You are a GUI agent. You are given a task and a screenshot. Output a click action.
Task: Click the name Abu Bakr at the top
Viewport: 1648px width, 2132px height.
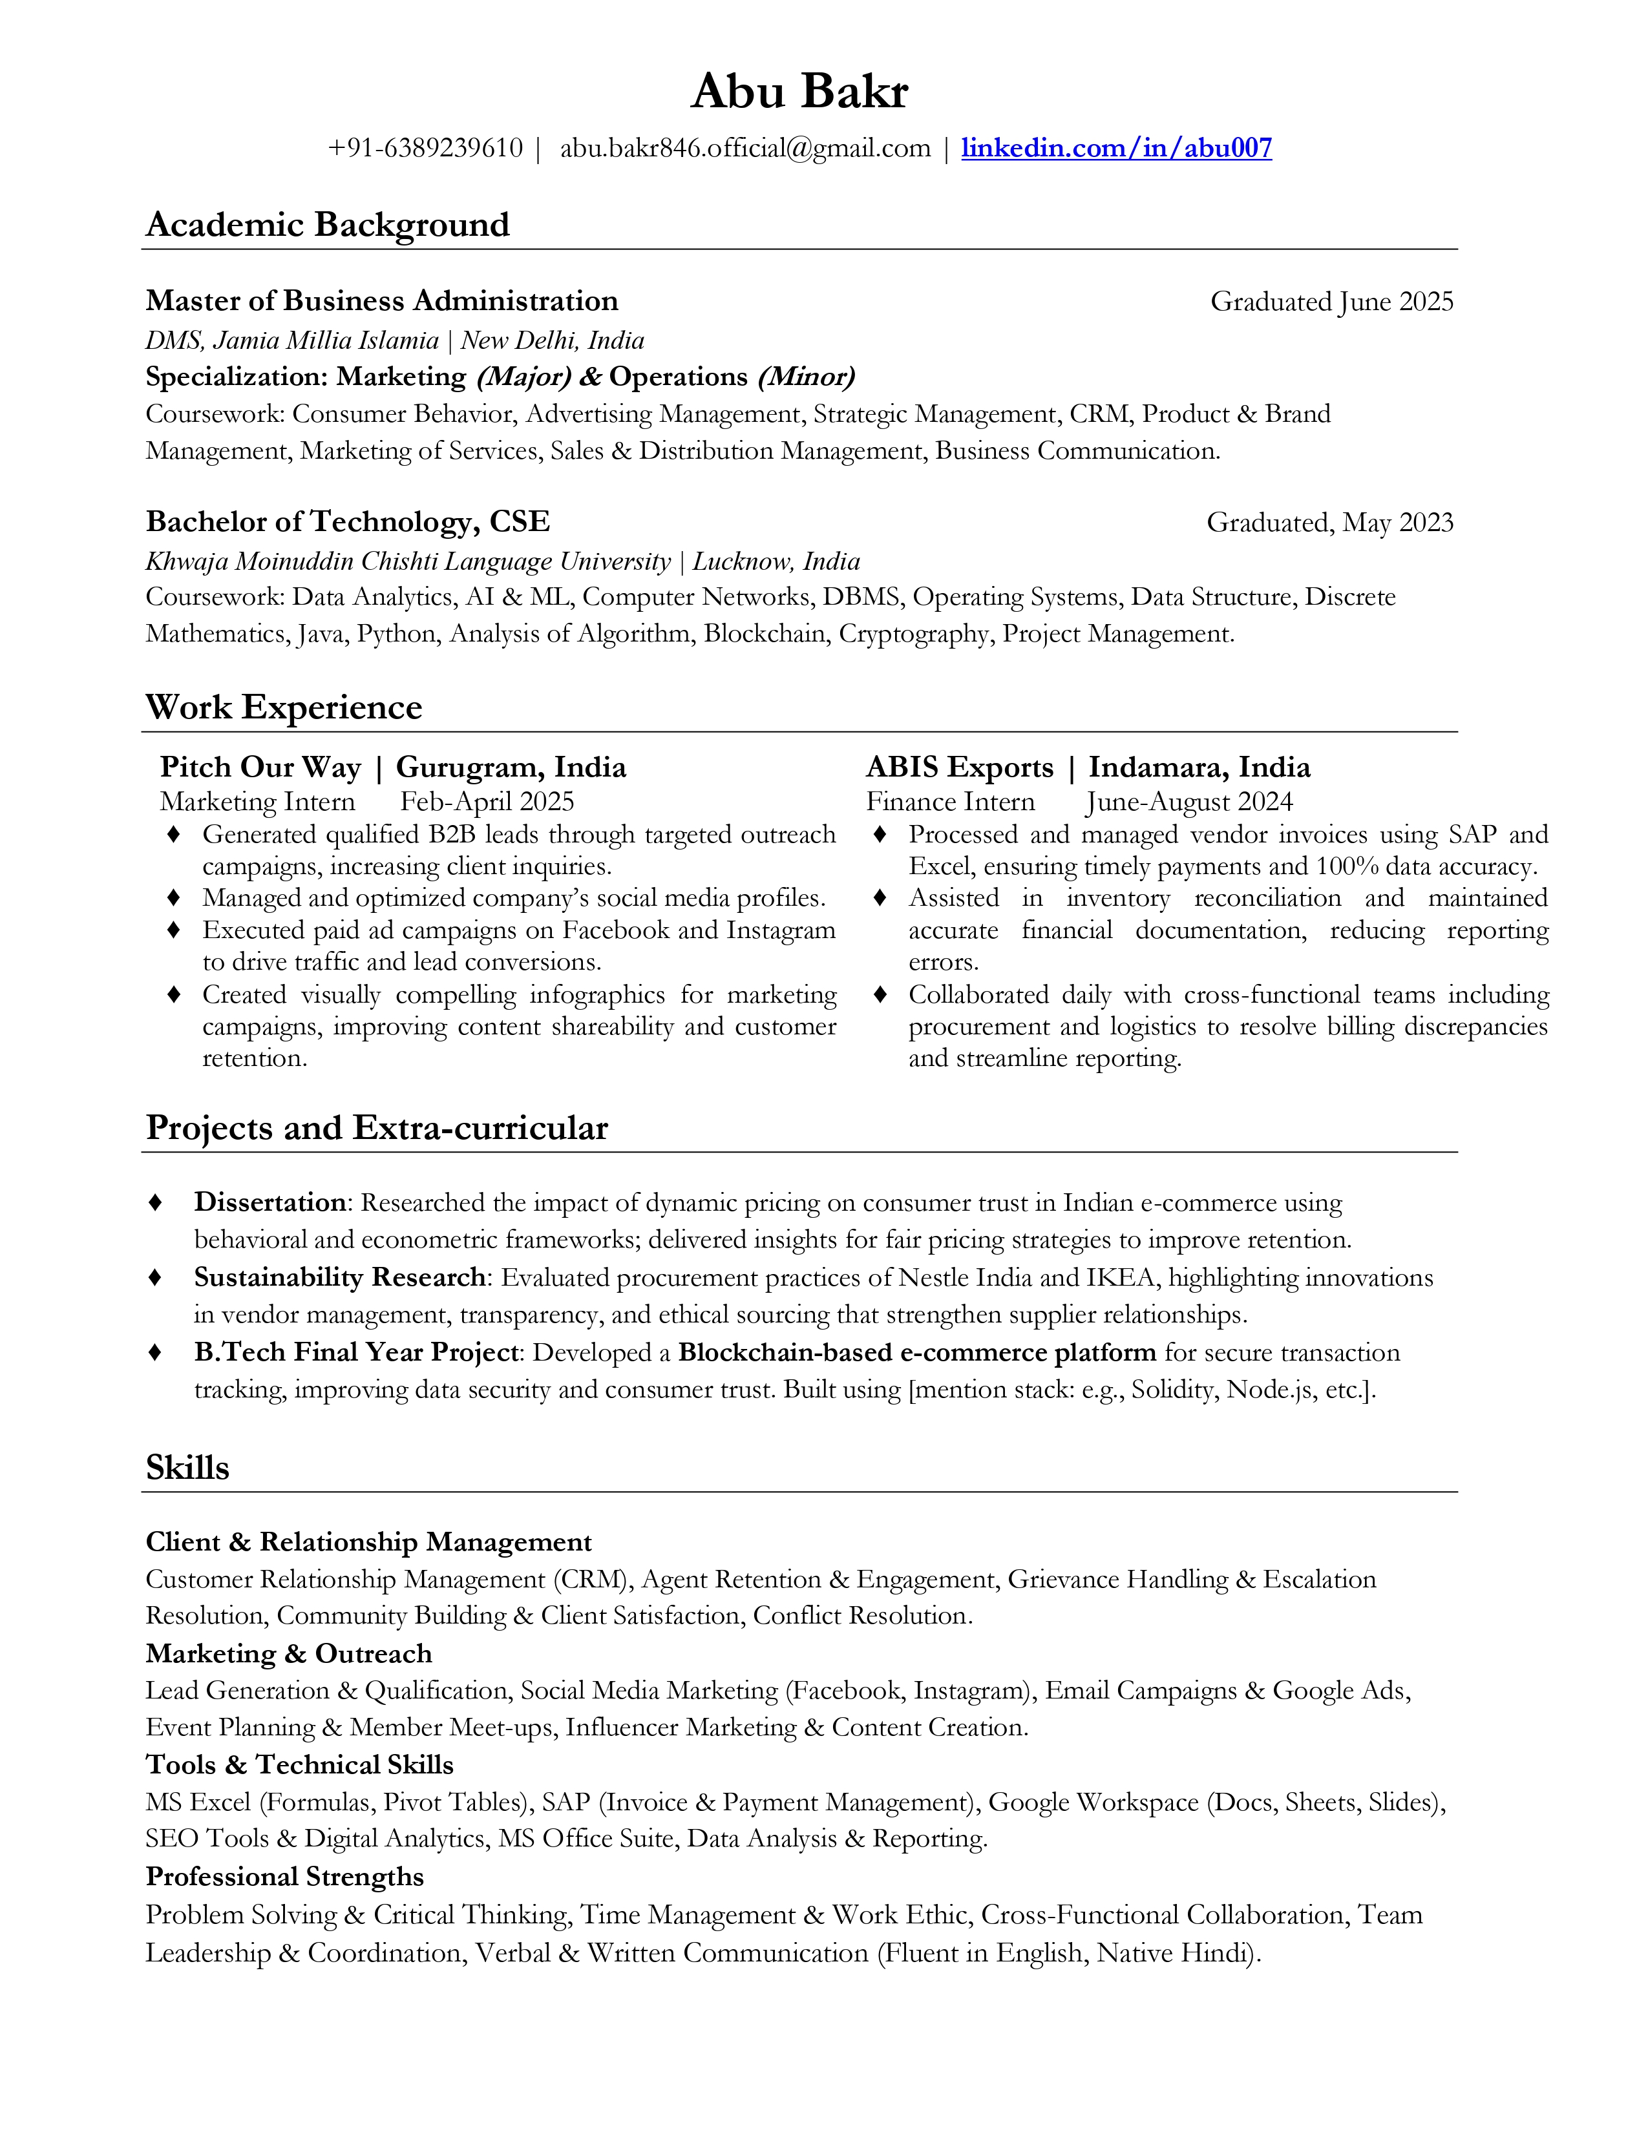(x=799, y=93)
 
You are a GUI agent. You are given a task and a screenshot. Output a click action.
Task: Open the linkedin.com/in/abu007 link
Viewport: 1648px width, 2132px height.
(x=1116, y=149)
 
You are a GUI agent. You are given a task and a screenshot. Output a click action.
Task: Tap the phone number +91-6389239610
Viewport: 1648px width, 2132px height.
(x=426, y=149)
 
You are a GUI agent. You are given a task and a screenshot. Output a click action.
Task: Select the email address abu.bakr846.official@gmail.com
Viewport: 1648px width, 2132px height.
(x=745, y=149)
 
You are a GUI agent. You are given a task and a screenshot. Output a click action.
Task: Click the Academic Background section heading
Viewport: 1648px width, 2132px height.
(x=327, y=225)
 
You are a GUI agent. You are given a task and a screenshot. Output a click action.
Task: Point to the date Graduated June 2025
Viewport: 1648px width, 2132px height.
(x=1332, y=302)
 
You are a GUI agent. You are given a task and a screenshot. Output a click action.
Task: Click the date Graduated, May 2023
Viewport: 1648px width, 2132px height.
(x=1330, y=523)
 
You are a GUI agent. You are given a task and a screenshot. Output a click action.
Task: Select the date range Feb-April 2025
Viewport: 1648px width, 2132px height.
(x=487, y=802)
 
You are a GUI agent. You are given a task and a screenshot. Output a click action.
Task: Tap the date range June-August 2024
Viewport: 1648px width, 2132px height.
(x=1189, y=802)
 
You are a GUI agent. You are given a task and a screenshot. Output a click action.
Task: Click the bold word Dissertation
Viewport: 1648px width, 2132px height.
(x=269, y=1203)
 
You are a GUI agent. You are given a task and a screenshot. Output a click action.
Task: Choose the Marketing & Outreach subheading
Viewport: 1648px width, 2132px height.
(x=288, y=1654)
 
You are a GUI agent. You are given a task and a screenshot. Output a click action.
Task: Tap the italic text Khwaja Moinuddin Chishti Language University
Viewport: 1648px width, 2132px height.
(x=408, y=561)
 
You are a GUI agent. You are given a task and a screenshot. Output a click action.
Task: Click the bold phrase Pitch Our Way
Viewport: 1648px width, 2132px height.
(x=260, y=768)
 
